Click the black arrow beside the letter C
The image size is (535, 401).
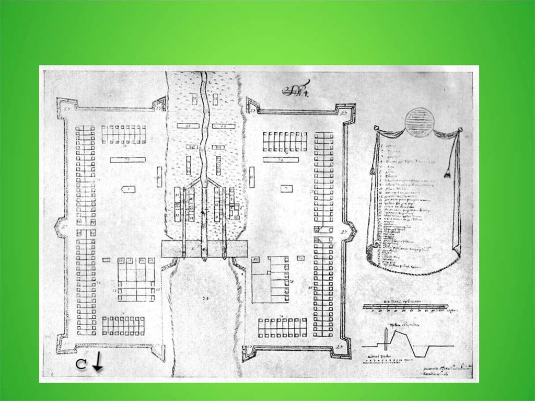tap(98, 362)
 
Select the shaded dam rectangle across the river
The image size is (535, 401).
tap(204, 249)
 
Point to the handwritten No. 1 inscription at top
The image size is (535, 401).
tap(296, 90)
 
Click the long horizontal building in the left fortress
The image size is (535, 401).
tap(127, 159)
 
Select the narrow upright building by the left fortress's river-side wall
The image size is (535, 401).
tap(159, 177)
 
